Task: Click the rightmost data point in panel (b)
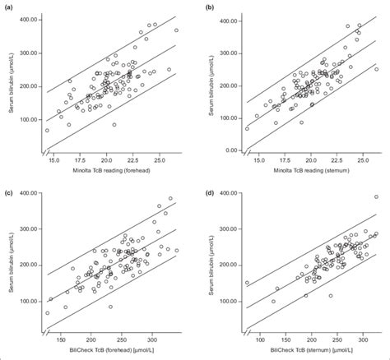(377, 69)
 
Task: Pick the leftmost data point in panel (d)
(247, 283)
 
